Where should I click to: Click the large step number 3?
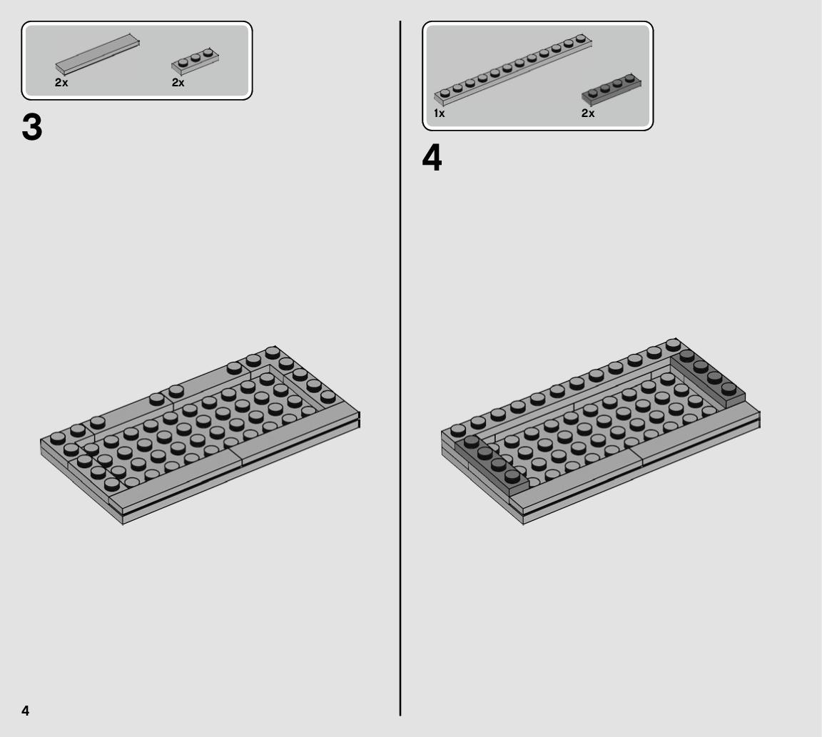point(32,128)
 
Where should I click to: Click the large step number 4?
point(432,158)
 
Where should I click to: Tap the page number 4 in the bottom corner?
point(25,711)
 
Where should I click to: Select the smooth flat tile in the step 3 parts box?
point(98,54)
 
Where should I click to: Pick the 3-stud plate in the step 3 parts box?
point(195,61)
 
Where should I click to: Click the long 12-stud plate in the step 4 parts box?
point(513,69)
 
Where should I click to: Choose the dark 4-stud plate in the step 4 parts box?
point(612,90)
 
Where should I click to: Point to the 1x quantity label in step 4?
point(440,113)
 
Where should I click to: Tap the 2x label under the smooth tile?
point(61,83)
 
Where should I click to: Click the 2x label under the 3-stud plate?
point(178,83)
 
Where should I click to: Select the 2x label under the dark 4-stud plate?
point(588,113)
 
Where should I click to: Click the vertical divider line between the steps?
point(400,368)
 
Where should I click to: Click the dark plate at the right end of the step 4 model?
point(709,379)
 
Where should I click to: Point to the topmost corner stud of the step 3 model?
point(272,352)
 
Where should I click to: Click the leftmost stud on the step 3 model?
point(58,437)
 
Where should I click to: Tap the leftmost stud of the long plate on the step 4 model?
point(458,430)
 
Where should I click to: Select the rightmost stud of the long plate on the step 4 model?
point(673,345)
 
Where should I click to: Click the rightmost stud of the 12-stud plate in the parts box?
point(580,39)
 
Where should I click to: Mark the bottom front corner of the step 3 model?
point(122,523)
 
